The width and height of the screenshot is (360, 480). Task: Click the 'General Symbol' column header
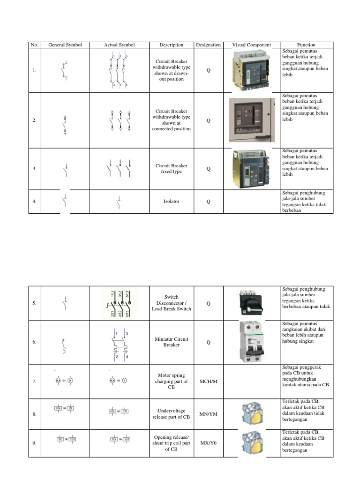click(65, 45)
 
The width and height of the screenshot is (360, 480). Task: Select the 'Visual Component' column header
click(251, 45)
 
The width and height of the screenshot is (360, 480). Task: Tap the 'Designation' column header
click(208, 45)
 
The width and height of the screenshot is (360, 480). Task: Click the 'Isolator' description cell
click(171, 202)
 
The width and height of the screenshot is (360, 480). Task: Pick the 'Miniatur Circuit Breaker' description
click(171, 342)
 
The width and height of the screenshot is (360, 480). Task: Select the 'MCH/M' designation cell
click(208, 382)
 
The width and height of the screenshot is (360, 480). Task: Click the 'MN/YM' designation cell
click(208, 414)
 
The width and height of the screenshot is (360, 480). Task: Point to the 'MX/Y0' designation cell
click(208, 442)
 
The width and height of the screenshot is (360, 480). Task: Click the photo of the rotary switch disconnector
click(251, 303)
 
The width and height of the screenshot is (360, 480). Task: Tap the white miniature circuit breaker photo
click(252, 342)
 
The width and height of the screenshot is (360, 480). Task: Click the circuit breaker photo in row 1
click(252, 70)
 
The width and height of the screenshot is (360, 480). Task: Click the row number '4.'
click(34, 202)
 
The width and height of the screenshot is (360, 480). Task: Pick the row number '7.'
click(34, 382)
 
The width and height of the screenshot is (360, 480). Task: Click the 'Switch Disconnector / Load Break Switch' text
click(171, 303)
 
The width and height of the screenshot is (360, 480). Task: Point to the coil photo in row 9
click(251, 443)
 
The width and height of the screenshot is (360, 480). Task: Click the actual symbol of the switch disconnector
click(119, 303)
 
